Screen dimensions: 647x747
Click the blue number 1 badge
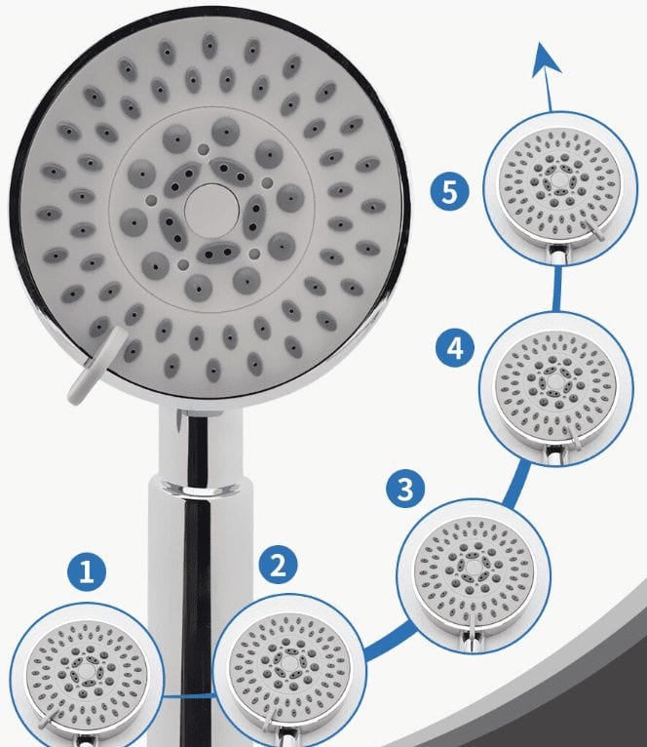pyautogui.click(x=87, y=571)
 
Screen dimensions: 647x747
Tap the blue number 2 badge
pyautogui.click(x=278, y=565)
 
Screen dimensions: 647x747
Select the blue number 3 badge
pyautogui.click(x=405, y=489)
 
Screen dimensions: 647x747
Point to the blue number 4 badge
pyautogui.click(x=455, y=348)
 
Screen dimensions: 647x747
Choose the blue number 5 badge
pyautogui.click(x=450, y=192)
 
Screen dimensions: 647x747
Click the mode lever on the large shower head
pyautogui.click(x=95, y=366)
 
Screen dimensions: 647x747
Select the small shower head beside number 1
pyautogui.click(x=86, y=676)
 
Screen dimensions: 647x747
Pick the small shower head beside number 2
pyautogui.click(x=289, y=668)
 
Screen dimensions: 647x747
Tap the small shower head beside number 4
pyautogui.click(x=556, y=387)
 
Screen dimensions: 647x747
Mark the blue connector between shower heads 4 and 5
pyautogui.click(x=557, y=289)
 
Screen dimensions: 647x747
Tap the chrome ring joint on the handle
pyautogui.click(x=200, y=489)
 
